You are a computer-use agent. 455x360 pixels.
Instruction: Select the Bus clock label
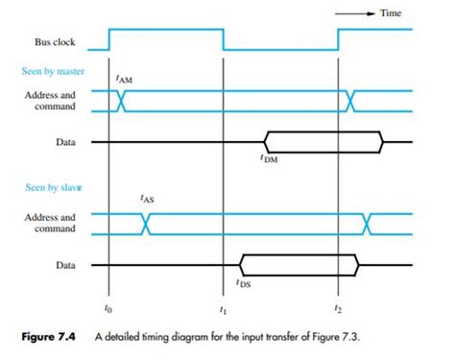click(x=55, y=42)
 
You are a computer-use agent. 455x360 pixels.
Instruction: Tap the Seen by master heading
click(x=53, y=72)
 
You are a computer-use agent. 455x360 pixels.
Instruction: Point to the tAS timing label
click(x=145, y=198)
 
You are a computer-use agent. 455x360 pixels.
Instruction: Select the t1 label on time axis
click(x=223, y=309)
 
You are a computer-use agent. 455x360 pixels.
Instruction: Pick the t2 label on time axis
click(x=337, y=309)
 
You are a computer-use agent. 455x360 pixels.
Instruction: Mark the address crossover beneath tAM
click(x=121, y=102)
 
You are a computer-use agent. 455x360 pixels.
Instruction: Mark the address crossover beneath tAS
click(x=146, y=224)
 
